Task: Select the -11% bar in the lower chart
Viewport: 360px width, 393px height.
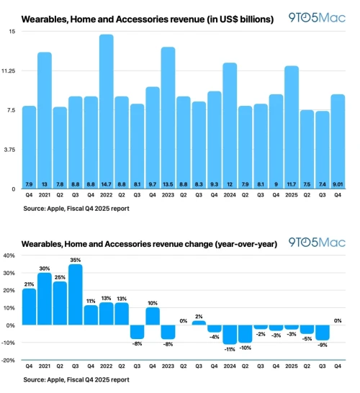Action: pyautogui.click(x=230, y=334)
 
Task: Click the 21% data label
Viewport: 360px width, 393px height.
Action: pyautogui.click(x=29, y=284)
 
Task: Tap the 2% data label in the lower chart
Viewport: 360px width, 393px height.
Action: pyautogui.click(x=199, y=316)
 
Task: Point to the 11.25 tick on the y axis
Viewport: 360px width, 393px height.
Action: pyautogui.click(x=9, y=71)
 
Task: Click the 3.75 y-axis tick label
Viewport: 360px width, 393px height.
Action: pyautogui.click(x=9, y=150)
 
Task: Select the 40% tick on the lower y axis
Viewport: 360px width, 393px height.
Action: pyautogui.click(x=9, y=256)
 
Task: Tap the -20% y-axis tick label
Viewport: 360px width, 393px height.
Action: pyautogui.click(x=8, y=360)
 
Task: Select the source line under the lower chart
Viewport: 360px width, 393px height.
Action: pyautogui.click(x=76, y=379)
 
